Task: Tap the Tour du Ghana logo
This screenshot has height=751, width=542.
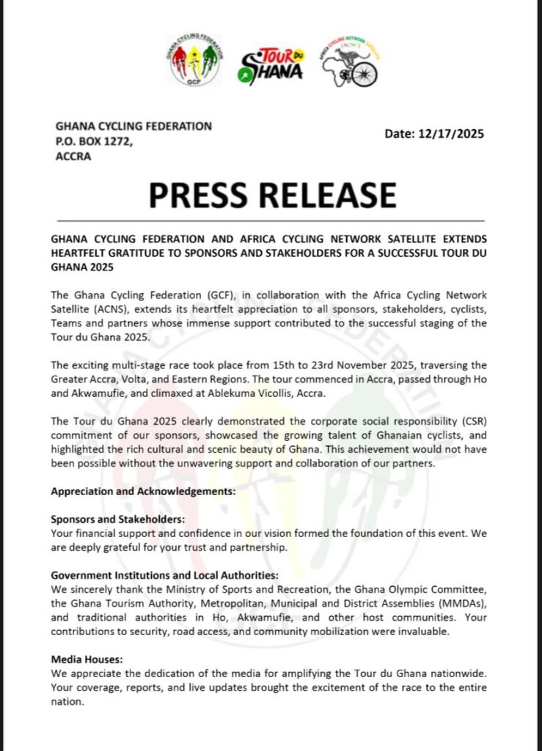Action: click(271, 65)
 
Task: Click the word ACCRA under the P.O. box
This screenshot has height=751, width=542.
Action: click(73, 155)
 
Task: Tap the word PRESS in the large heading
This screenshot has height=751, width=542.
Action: click(205, 194)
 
